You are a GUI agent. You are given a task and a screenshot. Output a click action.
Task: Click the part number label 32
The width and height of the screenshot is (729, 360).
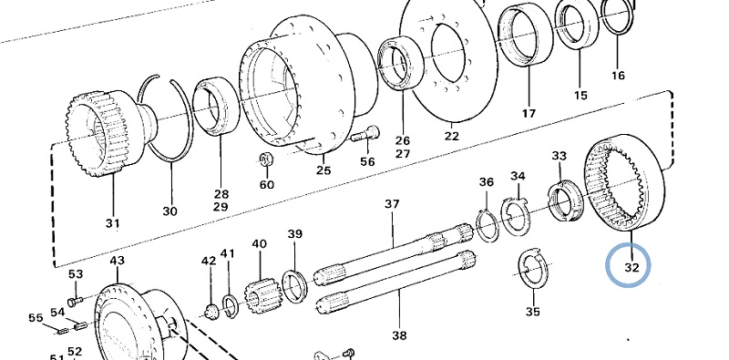click(x=631, y=267)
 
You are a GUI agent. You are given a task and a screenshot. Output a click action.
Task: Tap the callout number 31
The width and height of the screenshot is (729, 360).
click(x=112, y=223)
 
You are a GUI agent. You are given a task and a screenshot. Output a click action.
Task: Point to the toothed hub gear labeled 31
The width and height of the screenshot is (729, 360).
click(x=106, y=133)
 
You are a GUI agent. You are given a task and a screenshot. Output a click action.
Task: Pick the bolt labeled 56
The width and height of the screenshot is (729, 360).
click(x=365, y=134)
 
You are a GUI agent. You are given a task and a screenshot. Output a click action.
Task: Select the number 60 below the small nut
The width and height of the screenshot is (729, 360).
click(x=266, y=185)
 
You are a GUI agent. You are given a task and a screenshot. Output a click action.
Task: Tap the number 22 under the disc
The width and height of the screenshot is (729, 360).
click(x=451, y=136)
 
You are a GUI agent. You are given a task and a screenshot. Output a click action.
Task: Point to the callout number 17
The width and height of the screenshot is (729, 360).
click(x=529, y=113)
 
